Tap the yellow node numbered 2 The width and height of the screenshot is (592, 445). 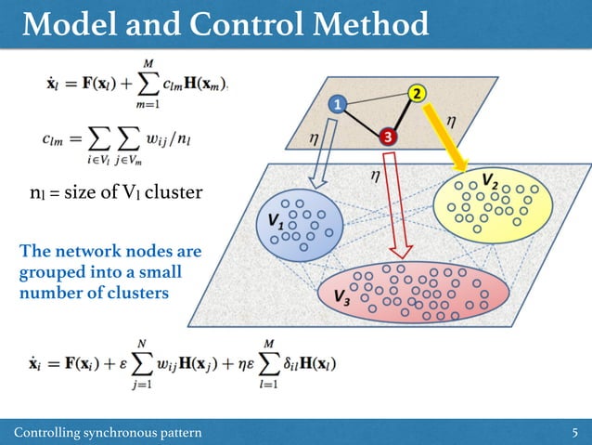coord(418,94)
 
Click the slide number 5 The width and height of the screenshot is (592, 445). coord(575,432)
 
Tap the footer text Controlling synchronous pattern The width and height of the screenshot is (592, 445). coord(108,432)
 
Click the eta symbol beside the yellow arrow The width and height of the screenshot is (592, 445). coord(451,120)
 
